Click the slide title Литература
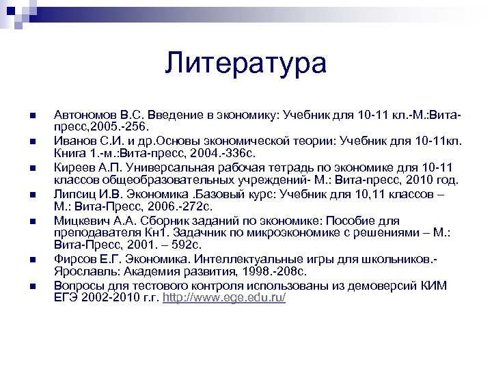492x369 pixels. pyautogui.click(x=245, y=64)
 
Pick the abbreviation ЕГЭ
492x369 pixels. pyautogui.click(x=66, y=299)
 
